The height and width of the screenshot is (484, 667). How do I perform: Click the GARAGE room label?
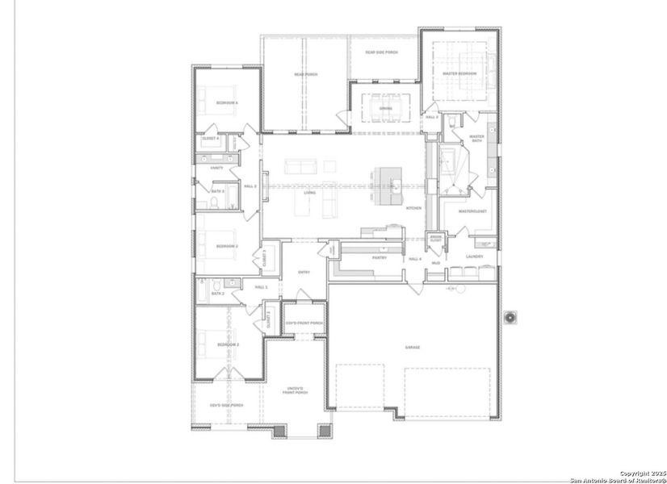point(413,347)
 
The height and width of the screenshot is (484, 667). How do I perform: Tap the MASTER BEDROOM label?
point(459,74)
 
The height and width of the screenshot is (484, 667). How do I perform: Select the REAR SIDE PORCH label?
point(381,52)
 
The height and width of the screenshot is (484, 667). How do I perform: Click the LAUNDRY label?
point(475,257)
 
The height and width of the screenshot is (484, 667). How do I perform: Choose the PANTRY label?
point(380,258)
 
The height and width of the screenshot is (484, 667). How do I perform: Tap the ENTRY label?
point(304,272)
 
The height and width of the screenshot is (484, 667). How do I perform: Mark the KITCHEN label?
point(413,208)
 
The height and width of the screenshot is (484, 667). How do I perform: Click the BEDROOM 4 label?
point(227,102)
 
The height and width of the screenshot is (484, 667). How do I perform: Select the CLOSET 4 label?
point(212,139)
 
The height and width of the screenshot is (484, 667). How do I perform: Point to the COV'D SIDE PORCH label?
point(226,405)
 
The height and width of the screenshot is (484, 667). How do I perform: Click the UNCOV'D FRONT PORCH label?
point(295,390)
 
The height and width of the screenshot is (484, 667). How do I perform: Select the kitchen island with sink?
point(385,185)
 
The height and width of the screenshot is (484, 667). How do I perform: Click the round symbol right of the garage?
point(510,318)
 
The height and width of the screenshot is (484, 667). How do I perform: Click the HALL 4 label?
point(415,258)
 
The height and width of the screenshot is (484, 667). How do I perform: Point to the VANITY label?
point(216,168)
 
